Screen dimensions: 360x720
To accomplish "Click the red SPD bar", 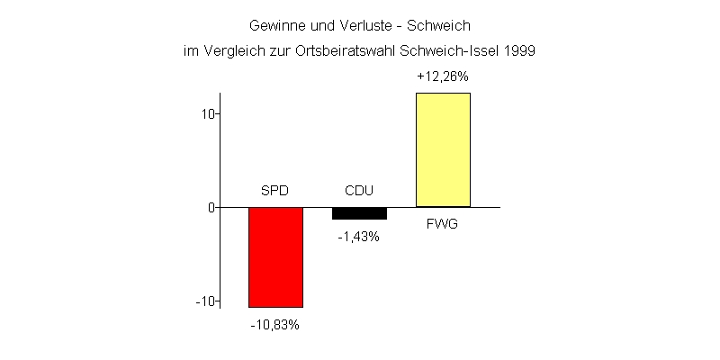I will [275, 257].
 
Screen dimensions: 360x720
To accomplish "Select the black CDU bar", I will [359, 213].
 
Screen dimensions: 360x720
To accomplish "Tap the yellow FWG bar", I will [443, 149].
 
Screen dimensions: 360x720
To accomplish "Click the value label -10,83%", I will [274, 325].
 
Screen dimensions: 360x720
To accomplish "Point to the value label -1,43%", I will [359, 237].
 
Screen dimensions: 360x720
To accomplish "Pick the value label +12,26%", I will [443, 77].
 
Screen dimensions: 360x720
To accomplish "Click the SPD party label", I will [274, 191].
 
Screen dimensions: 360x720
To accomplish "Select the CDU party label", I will [359, 191].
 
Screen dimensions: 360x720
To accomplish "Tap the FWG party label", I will [442, 223].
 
